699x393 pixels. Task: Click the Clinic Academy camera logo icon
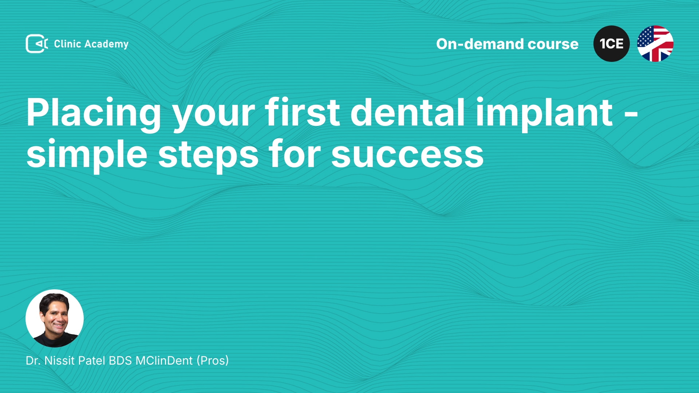pos(37,44)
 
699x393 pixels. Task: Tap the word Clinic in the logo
pos(67,44)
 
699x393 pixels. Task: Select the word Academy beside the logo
pos(106,44)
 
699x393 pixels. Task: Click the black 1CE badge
pos(612,44)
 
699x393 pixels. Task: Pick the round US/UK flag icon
pos(655,44)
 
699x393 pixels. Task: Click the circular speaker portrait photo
pos(55,318)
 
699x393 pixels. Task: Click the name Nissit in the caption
pos(59,361)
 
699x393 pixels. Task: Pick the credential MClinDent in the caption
pos(164,361)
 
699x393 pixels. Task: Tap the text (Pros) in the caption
pos(213,361)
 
